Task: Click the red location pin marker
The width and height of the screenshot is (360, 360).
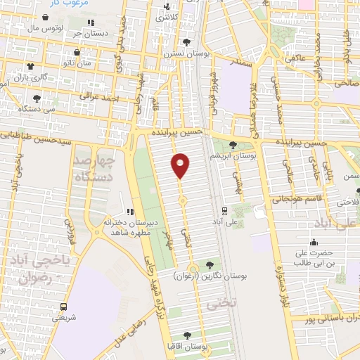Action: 181,165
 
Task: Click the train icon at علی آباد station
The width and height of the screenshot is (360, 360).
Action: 224,210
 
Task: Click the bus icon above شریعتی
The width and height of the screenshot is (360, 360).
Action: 64,307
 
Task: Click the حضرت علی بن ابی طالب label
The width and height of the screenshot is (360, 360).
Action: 307,257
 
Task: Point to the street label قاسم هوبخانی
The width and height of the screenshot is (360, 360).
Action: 308,198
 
